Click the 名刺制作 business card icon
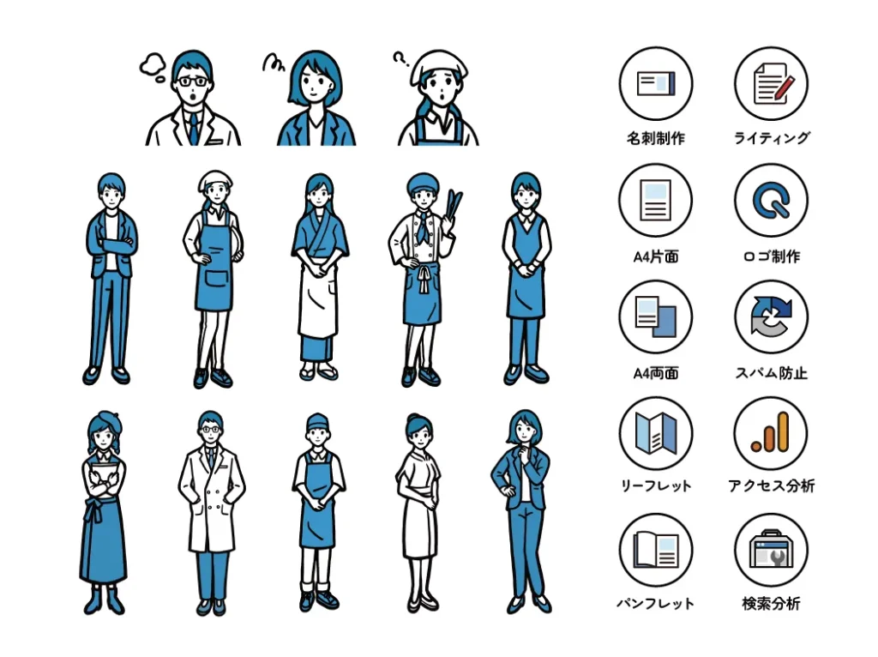656,84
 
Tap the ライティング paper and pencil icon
771,84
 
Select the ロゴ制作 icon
771,201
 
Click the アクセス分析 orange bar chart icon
771,433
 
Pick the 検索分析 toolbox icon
771,550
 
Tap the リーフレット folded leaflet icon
656,433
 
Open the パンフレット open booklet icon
656,550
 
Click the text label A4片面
656,256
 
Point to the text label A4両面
656,373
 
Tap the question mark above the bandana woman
399,59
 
